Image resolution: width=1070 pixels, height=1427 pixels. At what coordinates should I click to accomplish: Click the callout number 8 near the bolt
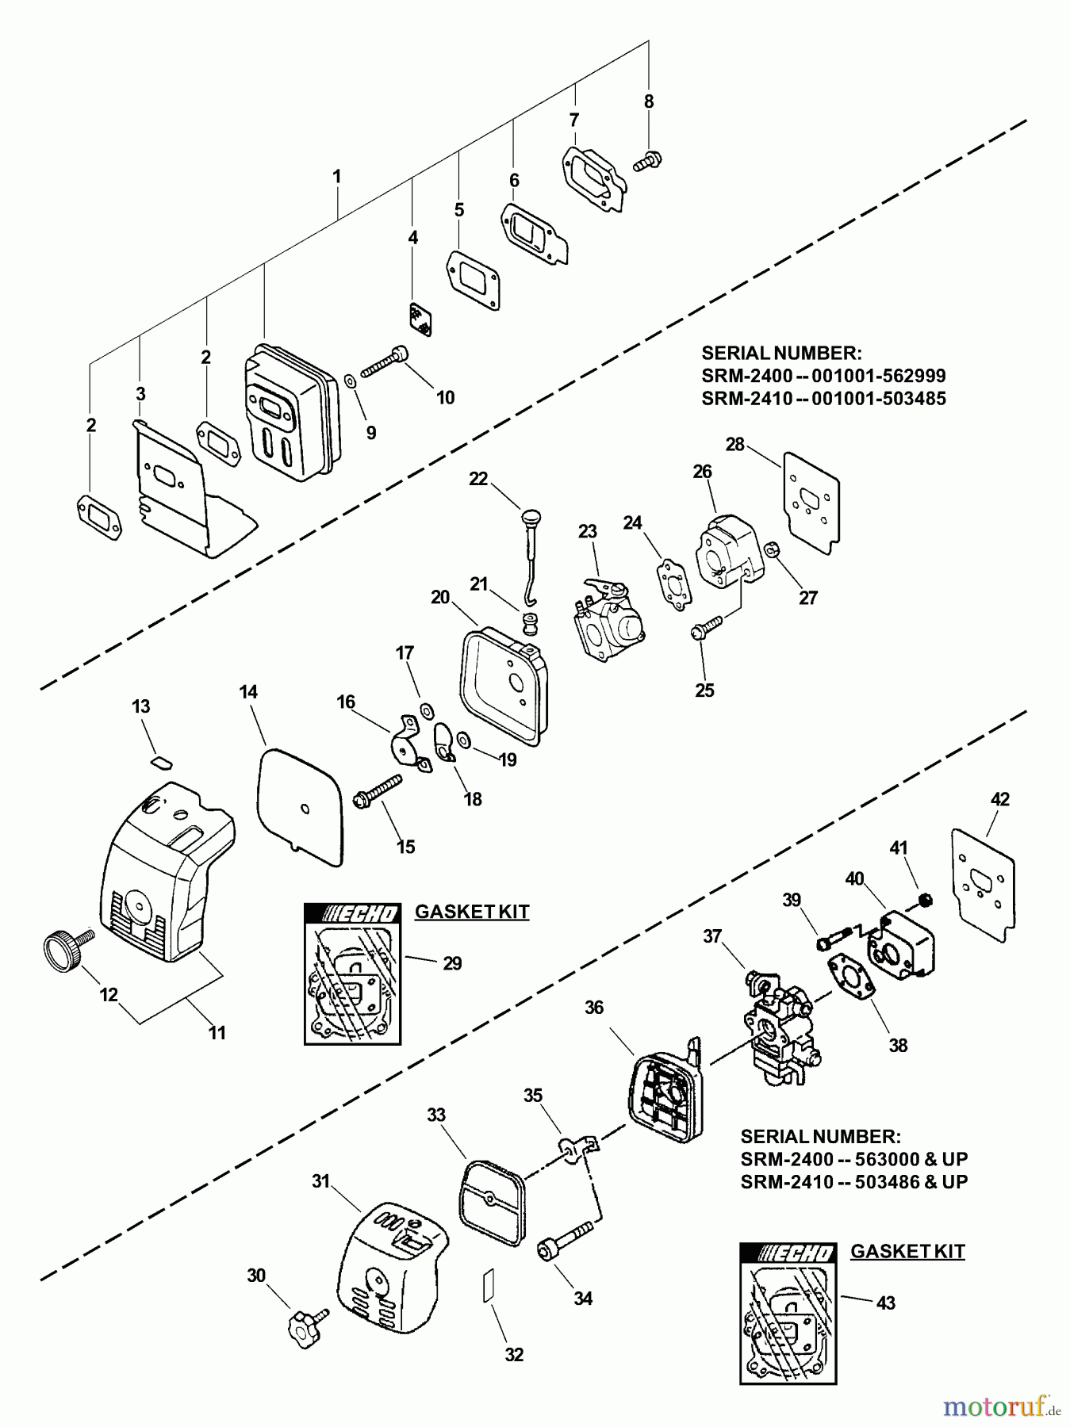[x=649, y=101]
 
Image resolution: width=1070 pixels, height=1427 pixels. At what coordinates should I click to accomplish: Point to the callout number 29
[x=451, y=963]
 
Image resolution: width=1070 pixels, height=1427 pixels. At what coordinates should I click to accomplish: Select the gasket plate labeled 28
[x=811, y=500]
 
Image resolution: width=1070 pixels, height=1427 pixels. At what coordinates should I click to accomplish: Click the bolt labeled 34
[x=565, y=1242]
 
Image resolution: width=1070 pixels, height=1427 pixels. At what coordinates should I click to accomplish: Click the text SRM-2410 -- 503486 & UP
[x=853, y=1181]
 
